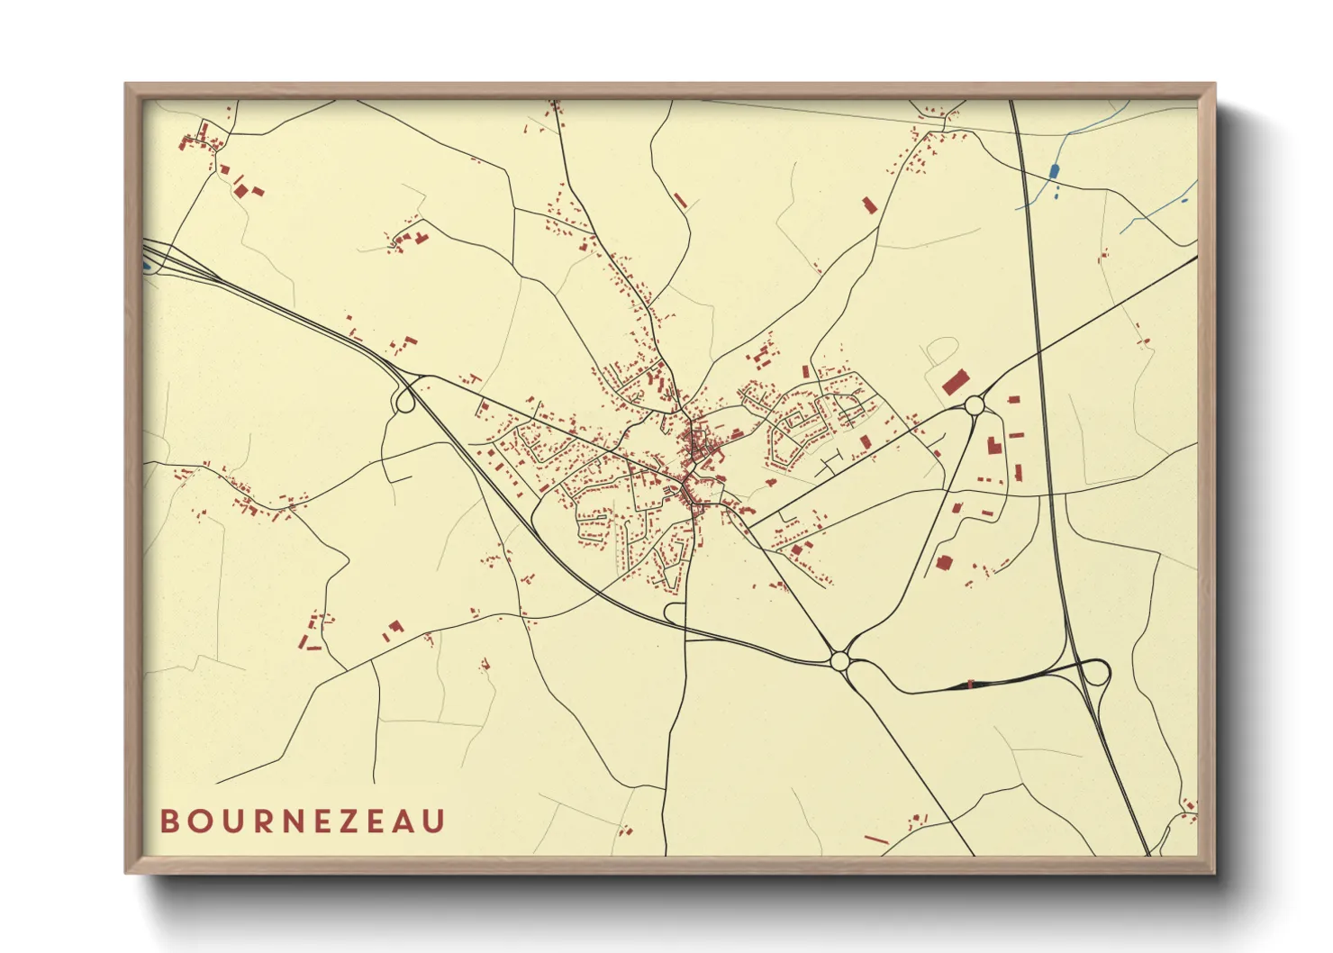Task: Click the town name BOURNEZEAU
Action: click(303, 821)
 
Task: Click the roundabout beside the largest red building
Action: click(975, 406)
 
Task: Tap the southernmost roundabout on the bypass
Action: click(839, 661)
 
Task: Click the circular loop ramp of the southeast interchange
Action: click(1094, 674)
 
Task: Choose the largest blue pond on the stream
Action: click(1054, 171)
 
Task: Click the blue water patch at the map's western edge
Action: click(146, 266)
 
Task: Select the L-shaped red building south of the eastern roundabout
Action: click(993, 445)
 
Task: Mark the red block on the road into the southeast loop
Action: click(970, 685)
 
